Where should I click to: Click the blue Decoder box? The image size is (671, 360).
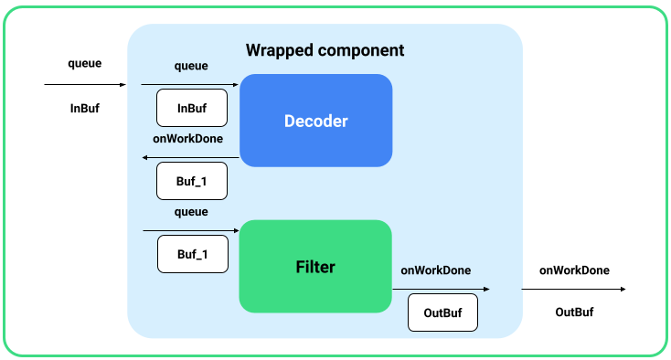(x=315, y=121)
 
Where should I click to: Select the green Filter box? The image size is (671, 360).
(x=315, y=267)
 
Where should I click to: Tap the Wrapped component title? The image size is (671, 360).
(x=325, y=49)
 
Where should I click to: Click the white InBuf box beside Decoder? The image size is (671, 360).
(x=191, y=108)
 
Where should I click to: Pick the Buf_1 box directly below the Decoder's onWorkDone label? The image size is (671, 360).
(x=191, y=181)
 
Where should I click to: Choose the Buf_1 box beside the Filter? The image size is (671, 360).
(x=191, y=254)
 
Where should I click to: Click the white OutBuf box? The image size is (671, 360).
(x=442, y=313)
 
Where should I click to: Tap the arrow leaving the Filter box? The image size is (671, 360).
(x=441, y=290)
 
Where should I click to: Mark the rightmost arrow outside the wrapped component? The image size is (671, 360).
(x=573, y=290)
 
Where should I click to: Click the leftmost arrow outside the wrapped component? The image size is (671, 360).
(x=85, y=85)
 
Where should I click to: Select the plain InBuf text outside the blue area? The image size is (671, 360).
(x=85, y=108)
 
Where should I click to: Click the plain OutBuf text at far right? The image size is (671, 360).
(x=574, y=312)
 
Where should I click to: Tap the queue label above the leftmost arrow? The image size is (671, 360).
(x=85, y=64)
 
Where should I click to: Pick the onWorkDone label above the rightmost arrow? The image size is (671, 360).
(x=574, y=270)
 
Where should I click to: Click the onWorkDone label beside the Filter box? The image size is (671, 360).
(x=436, y=270)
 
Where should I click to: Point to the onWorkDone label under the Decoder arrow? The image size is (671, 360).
(x=188, y=139)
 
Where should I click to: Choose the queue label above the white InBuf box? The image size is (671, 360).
(x=190, y=66)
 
